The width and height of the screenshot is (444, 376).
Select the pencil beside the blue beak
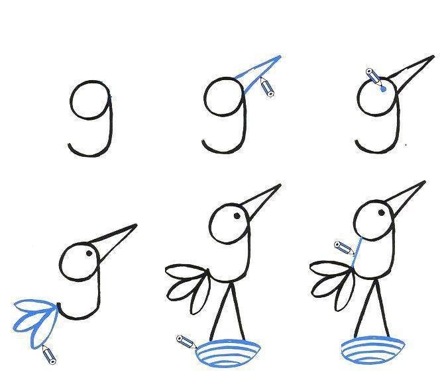[x=267, y=87]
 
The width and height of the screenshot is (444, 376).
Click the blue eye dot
[x=384, y=89]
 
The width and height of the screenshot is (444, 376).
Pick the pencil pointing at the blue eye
[x=374, y=75]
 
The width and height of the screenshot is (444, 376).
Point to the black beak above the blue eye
[x=411, y=72]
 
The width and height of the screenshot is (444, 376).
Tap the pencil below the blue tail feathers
[x=49, y=354]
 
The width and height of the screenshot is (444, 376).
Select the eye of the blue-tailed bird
[x=89, y=254]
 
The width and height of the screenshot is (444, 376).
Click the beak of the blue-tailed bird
[x=113, y=240]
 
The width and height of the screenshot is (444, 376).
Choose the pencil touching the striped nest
[x=186, y=342]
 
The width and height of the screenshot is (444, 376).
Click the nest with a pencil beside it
[x=228, y=353]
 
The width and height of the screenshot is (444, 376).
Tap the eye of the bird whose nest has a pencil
[x=237, y=216]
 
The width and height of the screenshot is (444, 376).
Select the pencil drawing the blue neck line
[x=344, y=248]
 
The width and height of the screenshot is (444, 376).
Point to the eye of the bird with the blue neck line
[x=382, y=212]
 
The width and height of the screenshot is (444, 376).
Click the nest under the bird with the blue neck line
[x=372, y=351]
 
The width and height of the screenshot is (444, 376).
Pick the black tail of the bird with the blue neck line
[x=333, y=285]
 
